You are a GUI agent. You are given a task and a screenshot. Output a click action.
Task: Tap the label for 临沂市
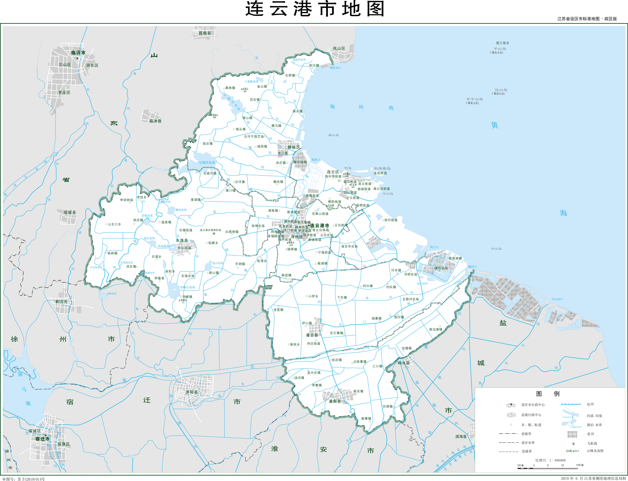(x=78, y=53)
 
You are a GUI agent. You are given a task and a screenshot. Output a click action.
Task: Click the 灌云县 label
(x=312, y=335)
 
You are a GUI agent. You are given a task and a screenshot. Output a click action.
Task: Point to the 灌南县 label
(x=335, y=401)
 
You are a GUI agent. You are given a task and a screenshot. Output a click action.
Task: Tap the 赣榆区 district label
(x=294, y=147)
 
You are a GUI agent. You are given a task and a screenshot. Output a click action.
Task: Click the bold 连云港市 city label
(x=320, y=226)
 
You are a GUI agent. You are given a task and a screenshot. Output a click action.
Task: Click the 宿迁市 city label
(x=42, y=439)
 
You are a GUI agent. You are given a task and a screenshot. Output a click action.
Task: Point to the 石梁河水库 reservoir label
(x=207, y=163)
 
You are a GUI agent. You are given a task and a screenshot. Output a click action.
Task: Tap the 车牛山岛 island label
(x=474, y=99)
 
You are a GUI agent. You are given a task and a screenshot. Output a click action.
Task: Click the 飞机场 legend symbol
(x=573, y=444)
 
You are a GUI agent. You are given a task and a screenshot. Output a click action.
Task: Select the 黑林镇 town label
(x=230, y=88)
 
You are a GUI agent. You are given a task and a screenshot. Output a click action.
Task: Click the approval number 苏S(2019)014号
(x=31, y=479)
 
